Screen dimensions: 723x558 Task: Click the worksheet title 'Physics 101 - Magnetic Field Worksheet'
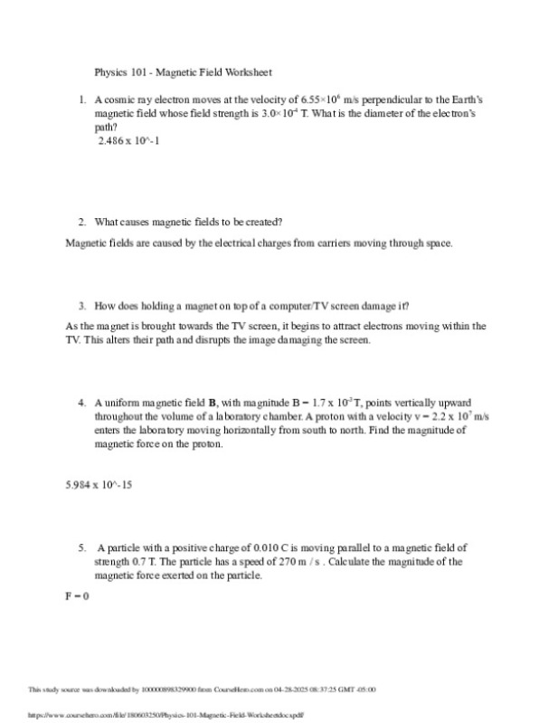(184, 72)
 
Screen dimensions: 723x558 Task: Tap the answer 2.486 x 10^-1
(129, 141)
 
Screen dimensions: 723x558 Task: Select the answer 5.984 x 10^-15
(99, 486)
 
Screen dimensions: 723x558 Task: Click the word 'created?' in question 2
(264, 222)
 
